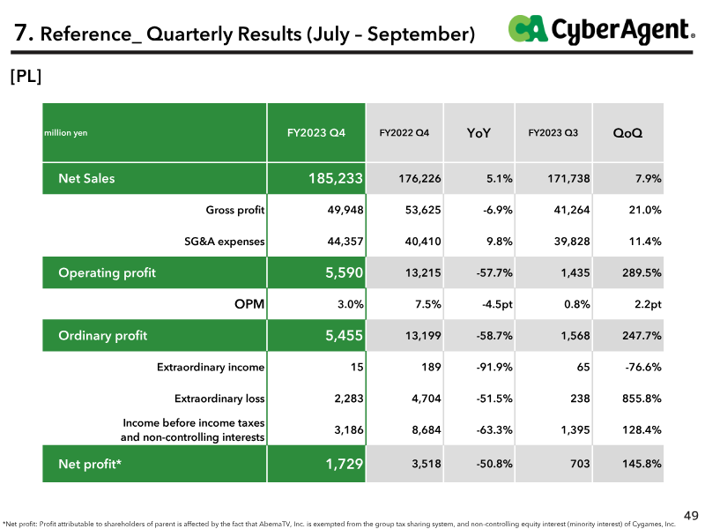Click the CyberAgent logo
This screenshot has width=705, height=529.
click(602, 30)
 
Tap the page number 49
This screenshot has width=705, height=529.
click(691, 516)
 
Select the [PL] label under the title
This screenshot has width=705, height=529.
click(26, 77)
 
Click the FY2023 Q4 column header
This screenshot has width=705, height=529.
click(316, 133)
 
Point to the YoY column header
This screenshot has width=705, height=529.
click(479, 133)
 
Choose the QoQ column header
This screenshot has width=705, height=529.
click(627, 133)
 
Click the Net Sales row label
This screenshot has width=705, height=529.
click(86, 179)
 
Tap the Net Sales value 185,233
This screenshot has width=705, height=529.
click(336, 179)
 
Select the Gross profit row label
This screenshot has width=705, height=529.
click(234, 210)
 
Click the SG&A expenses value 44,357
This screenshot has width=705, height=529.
click(345, 242)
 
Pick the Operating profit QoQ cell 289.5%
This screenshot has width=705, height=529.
click(642, 273)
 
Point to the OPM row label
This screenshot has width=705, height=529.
click(249, 304)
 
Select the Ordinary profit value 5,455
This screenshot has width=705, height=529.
click(344, 336)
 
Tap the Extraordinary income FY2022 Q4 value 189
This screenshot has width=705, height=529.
click(431, 367)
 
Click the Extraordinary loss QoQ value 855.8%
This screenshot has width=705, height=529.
click(642, 399)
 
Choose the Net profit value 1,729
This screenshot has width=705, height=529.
click(344, 464)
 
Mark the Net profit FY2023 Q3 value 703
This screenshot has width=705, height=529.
click(580, 464)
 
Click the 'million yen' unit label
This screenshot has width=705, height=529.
click(65, 133)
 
